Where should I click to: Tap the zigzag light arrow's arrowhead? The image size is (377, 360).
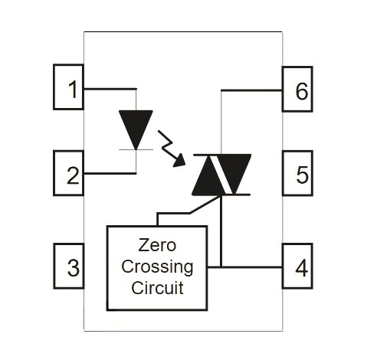tap(179, 161)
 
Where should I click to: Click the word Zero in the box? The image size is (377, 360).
tap(157, 245)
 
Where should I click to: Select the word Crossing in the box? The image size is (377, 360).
tap(157, 267)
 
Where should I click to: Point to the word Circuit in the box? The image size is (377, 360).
tap(157, 288)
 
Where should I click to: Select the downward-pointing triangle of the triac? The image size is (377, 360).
tap(234, 174)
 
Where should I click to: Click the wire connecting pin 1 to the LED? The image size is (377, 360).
tap(110, 89)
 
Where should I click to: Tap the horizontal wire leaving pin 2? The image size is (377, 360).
tap(110, 173)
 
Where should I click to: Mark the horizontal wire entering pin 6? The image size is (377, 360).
tap(251, 90)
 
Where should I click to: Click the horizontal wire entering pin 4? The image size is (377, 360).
tap(245, 267)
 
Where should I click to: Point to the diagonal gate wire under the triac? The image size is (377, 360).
tap(205, 205)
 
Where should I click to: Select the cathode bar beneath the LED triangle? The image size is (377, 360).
tap(136, 149)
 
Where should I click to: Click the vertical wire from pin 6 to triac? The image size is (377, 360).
tap(221, 123)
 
